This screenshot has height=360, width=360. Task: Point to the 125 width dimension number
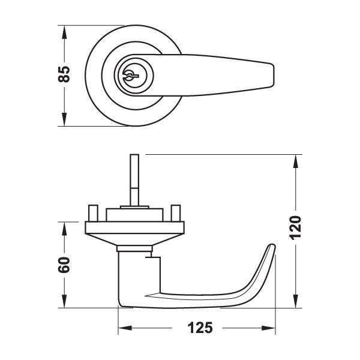click(197, 328)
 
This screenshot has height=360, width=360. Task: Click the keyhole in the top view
click(131, 75)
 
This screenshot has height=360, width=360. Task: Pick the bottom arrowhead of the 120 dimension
click(295, 303)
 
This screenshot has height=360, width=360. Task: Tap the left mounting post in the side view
click(94, 212)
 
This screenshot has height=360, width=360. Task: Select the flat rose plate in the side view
click(135, 226)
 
